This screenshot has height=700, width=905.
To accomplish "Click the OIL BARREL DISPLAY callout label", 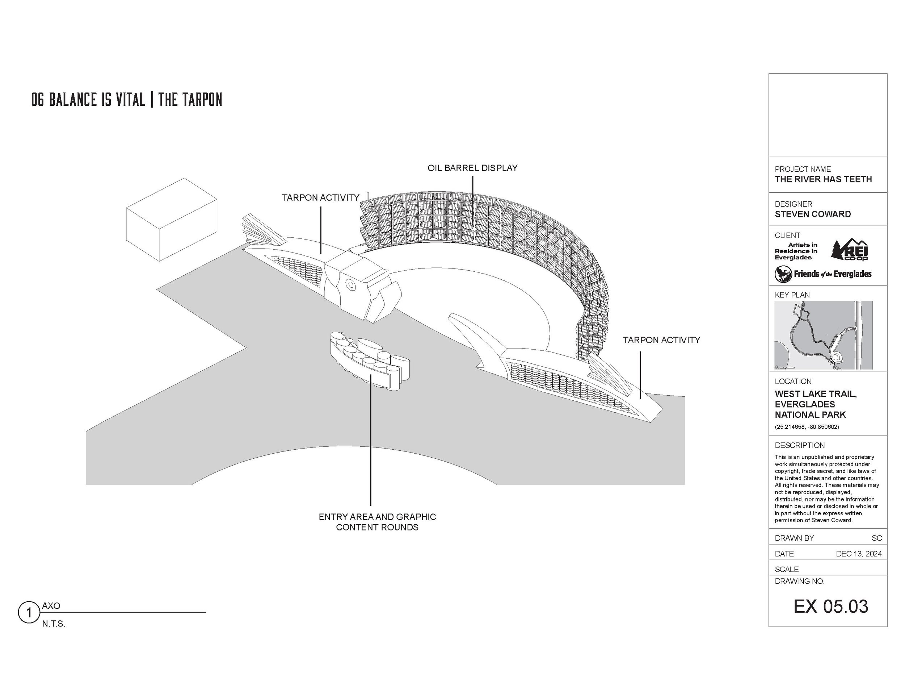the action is [472, 168].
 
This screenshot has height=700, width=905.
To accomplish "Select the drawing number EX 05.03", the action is [830, 606].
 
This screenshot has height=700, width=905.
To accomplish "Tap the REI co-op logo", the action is [850, 250].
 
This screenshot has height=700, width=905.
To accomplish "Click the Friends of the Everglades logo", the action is [823, 274].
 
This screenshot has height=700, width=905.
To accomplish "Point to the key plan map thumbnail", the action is [823, 335].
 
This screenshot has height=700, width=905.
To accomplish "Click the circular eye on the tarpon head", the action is [350, 285].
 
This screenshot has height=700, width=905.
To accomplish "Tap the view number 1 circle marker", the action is [29, 612].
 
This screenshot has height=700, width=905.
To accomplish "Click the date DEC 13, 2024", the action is [859, 554].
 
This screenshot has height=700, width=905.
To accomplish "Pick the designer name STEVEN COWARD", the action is [813, 214].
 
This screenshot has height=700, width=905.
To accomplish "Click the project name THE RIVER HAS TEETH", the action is [823, 179].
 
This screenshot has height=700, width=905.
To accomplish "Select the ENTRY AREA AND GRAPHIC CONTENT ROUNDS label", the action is [377, 522].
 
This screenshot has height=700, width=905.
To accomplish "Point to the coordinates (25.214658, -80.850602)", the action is [807, 427].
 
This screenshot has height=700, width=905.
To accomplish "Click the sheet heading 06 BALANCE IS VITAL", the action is [88, 100].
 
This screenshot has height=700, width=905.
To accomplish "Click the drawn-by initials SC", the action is [877, 538].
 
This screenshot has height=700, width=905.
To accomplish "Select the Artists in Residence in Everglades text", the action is [796, 251].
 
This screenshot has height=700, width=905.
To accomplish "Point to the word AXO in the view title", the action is [51, 605].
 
